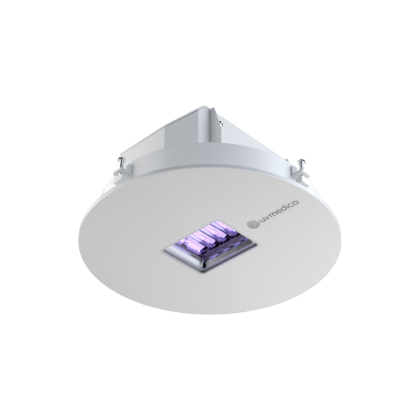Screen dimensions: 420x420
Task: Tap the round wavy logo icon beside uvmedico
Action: tap(254, 225)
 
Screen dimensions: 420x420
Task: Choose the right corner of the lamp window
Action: tap(257, 242)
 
